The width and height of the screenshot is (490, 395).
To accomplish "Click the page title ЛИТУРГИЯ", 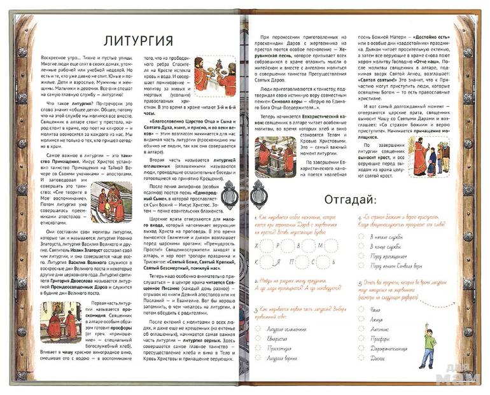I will pos(138,41).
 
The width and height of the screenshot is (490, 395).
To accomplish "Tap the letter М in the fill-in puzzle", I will pos(322,244).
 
